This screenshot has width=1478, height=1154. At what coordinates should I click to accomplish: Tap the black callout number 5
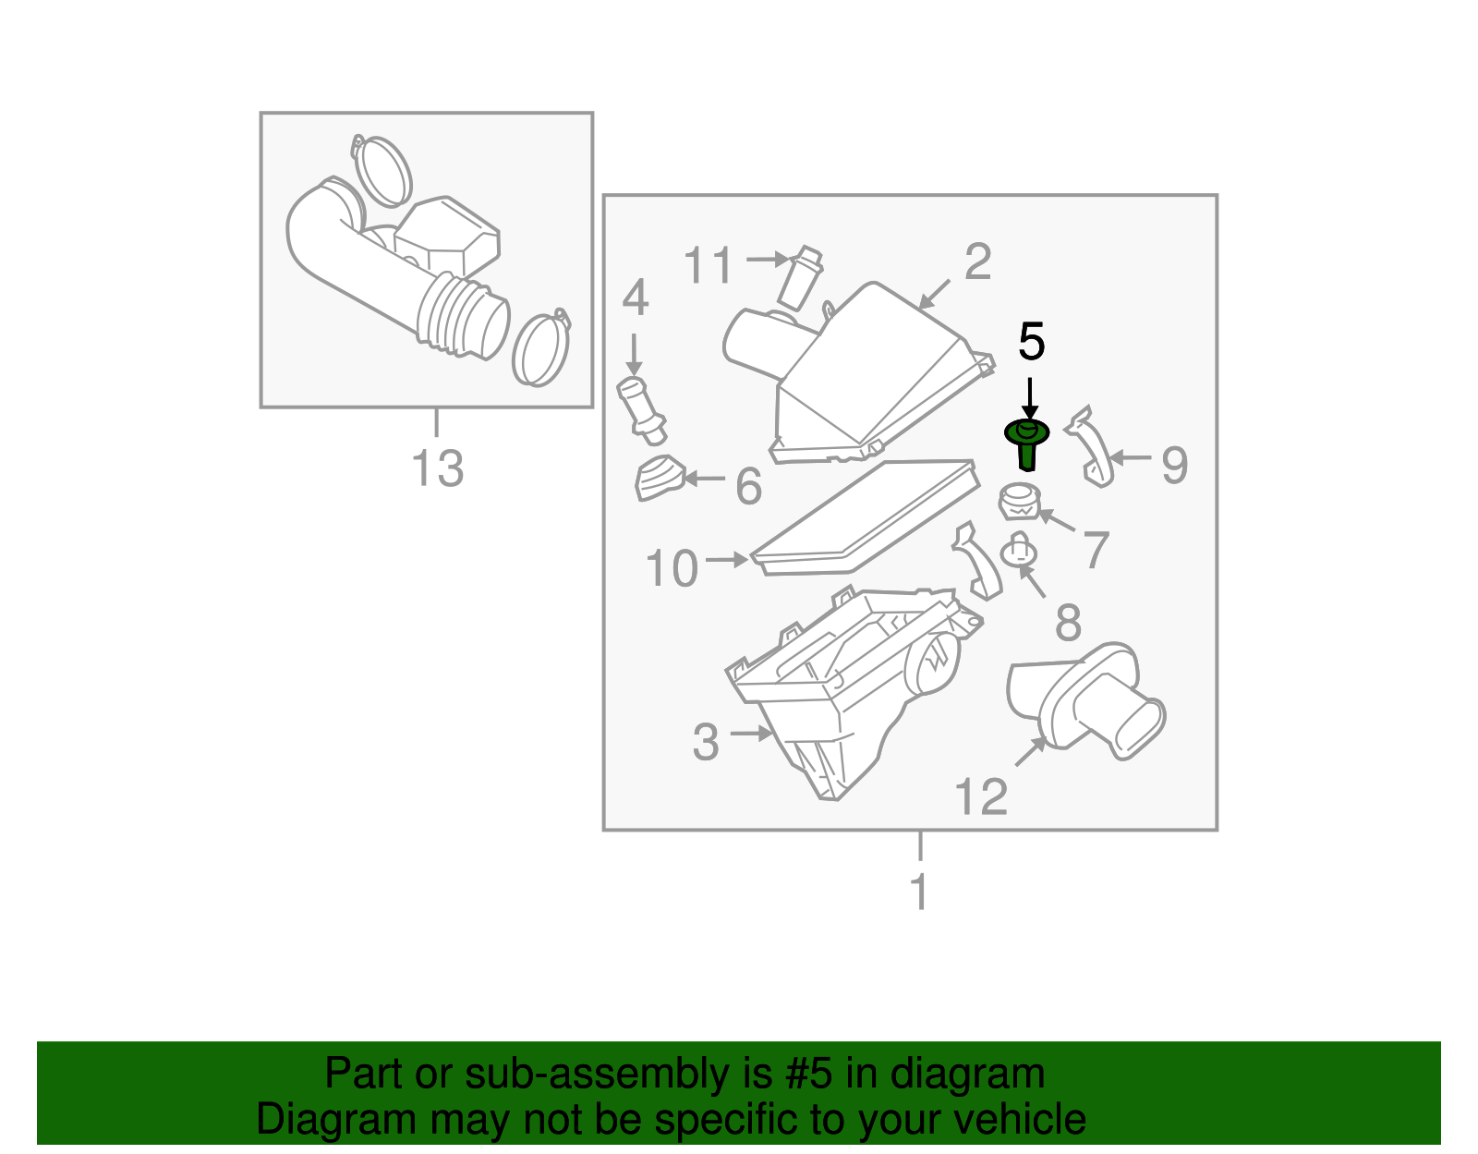(1031, 343)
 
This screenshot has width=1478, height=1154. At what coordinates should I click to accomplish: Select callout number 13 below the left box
(437, 468)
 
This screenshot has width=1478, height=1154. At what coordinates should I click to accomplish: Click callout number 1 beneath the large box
(919, 893)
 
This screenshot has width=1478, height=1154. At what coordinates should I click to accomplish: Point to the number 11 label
(709, 266)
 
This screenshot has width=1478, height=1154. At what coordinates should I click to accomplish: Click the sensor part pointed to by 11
(800, 277)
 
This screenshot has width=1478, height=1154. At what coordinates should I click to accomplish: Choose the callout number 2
(977, 262)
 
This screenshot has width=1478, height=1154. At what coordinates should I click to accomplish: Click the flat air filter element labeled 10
(866, 517)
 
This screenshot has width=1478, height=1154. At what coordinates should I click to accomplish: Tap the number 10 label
(672, 568)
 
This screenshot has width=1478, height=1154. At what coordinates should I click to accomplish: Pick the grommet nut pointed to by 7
(1019, 502)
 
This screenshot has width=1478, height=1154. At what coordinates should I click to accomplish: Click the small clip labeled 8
(1018, 553)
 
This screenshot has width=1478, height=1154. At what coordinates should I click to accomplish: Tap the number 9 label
(1174, 465)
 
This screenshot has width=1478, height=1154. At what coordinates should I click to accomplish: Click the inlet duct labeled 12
(1086, 702)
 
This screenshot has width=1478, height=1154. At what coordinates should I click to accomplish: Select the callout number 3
(706, 742)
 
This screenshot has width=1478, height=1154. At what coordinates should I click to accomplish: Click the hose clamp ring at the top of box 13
(382, 171)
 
